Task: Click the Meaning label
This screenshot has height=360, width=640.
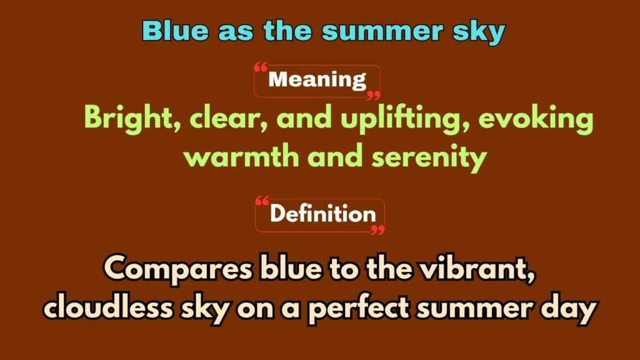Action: click(x=317, y=80)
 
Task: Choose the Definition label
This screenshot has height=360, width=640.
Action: click(x=322, y=214)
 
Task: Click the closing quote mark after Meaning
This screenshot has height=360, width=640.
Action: click(x=373, y=95)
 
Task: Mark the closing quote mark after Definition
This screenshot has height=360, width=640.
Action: click(x=377, y=229)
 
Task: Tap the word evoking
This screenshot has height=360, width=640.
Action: click(x=536, y=119)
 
